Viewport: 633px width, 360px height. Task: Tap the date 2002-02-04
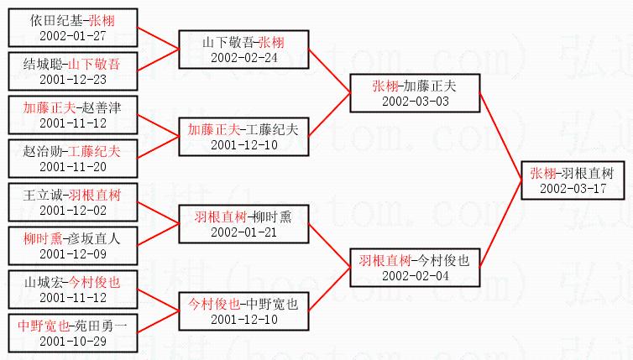click(x=416, y=274)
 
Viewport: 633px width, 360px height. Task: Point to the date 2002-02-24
click(x=243, y=57)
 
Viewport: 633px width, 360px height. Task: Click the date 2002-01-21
click(x=243, y=232)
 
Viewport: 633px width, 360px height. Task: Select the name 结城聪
click(x=39, y=64)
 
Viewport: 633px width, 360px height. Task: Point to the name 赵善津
click(x=100, y=107)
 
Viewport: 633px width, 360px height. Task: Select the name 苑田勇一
click(x=100, y=326)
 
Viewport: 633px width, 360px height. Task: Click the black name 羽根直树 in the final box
click(x=588, y=173)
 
